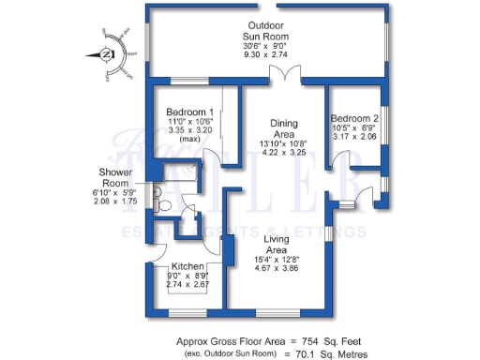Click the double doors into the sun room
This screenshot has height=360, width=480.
(279, 75)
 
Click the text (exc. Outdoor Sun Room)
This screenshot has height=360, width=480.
(227, 355)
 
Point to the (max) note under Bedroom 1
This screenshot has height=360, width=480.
(184, 139)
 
